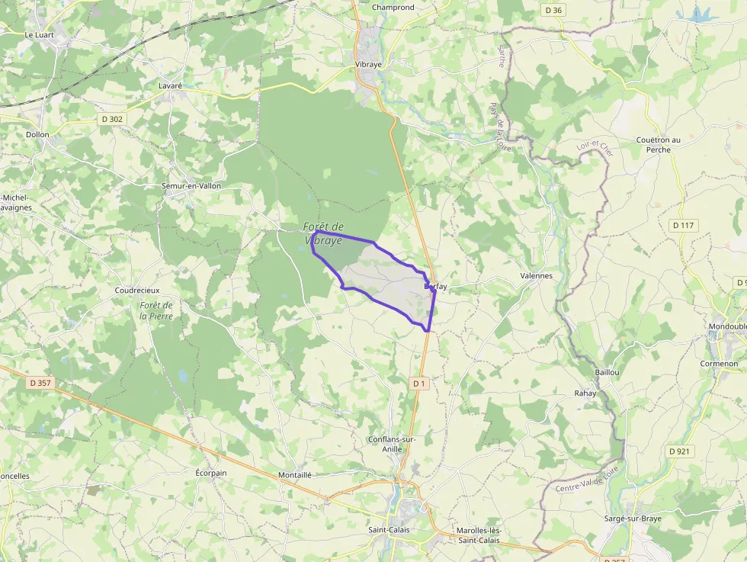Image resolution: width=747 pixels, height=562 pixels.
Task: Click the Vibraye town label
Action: coord(368,64)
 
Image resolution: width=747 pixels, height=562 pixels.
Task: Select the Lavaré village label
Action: coord(170,86)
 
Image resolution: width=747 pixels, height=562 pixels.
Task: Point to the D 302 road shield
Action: coord(111,119)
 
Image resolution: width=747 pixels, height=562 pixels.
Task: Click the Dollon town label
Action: coord(37,134)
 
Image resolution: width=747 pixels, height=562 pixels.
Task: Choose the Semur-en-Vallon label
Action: coord(190,185)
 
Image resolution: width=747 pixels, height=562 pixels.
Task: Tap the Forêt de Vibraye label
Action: coord(324,233)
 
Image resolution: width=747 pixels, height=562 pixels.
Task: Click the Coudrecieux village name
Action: coord(137,291)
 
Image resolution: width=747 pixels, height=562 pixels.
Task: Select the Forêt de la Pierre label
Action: coord(156,310)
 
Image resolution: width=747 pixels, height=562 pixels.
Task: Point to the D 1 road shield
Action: coord(418,384)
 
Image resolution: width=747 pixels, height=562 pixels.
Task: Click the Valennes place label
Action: coord(536,275)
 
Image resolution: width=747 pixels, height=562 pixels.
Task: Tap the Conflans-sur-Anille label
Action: coord(392,444)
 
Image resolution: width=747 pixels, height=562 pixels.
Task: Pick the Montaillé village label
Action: coord(295,474)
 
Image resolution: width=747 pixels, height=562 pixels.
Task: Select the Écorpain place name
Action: coord(211,473)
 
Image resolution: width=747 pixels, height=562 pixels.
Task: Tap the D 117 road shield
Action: coord(683,226)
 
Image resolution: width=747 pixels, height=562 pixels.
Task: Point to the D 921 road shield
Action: coord(679,451)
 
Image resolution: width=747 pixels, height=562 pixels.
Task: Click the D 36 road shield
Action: coord(553,10)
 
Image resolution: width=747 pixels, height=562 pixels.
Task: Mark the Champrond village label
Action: coord(393,8)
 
